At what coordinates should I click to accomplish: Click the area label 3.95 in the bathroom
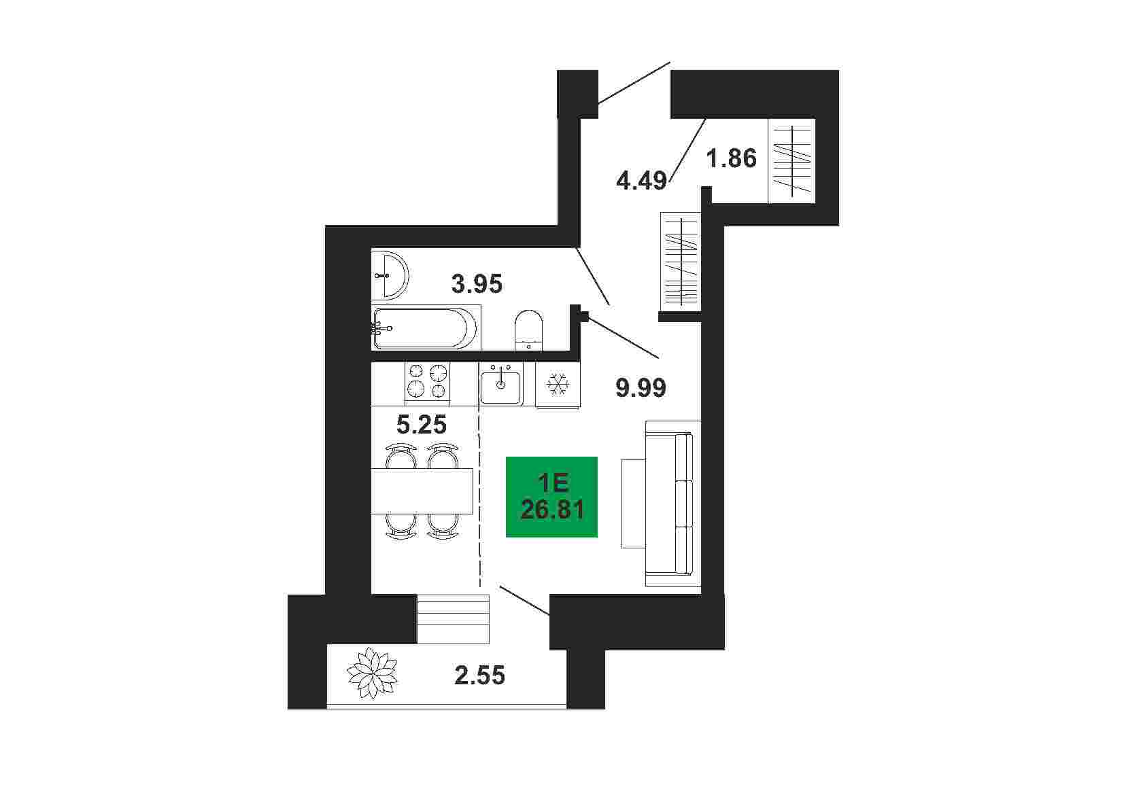pos(477,284)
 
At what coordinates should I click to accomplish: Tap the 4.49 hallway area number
pos(641,181)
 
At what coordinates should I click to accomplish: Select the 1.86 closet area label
pos(731,158)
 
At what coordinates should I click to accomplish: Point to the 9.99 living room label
pos(641,388)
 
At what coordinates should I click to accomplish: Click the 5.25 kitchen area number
pos(422,425)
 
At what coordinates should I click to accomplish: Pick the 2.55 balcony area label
pos(479,675)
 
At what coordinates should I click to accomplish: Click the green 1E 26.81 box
pos(551,497)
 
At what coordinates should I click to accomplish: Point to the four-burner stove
pos(427,383)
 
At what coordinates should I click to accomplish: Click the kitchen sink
pos(500,384)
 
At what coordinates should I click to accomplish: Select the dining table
pos(422,491)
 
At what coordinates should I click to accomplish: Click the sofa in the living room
pos(673,503)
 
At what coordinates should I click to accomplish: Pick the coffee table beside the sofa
pos(633,503)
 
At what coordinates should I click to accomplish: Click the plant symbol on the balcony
pos(373,673)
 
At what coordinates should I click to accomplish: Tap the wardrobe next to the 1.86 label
pos(791,161)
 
